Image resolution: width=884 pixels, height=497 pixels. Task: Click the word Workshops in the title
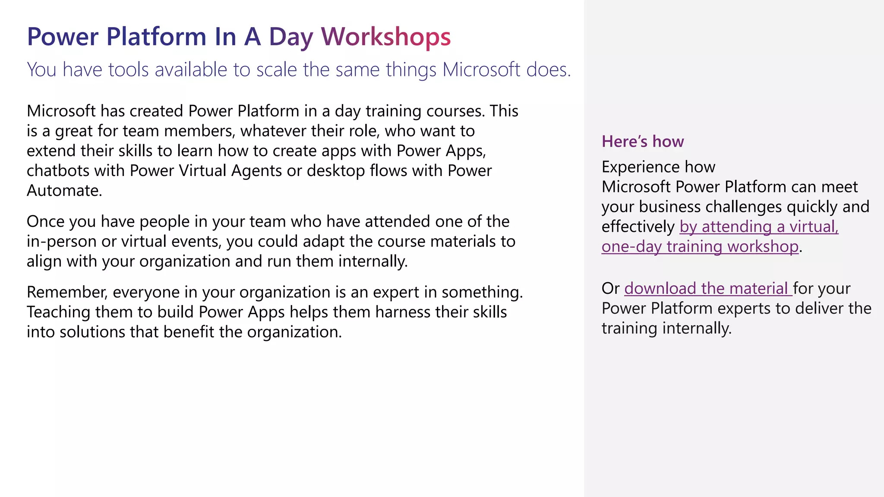coord(386,37)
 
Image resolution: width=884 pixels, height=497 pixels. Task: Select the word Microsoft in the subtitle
coord(481,70)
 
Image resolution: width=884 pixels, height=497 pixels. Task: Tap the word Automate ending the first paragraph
coord(64,191)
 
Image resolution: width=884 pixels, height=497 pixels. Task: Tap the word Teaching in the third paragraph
coord(58,312)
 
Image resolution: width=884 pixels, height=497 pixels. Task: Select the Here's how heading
coord(643,142)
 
